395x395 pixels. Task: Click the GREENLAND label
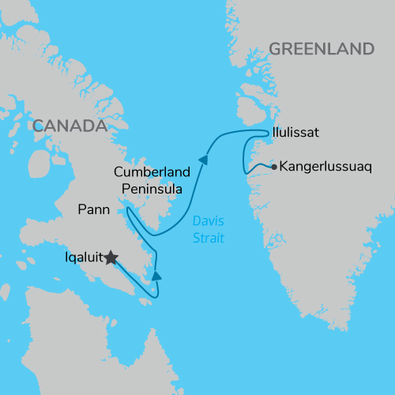tap(321, 49)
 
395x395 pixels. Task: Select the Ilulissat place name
tap(295, 133)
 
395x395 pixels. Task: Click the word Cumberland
tap(152, 172)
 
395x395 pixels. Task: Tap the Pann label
tap(95, 209)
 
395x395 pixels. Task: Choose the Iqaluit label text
tap(85, 257)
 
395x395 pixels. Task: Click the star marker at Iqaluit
tap(111, 258)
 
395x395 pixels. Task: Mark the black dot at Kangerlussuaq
tap(273, 167)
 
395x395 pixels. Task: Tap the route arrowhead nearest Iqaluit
tap(157, 276)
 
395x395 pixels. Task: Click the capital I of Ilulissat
tap(273, 133)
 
